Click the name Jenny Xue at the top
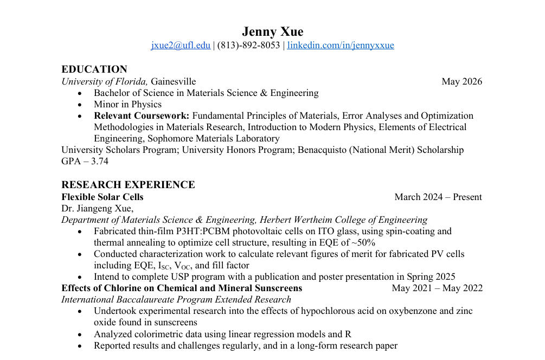click(272, 31)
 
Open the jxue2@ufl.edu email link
click(181, 46)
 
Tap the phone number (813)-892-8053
click(249, 46)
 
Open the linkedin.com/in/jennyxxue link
click(341, 46)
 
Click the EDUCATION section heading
click(94, 69)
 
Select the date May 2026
click(461, 82)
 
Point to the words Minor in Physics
click(127, 105)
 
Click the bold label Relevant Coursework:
click(142, 116)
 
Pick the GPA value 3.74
click(100, 162)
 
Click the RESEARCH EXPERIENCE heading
click(128, 185)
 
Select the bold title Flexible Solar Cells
click(102, 197)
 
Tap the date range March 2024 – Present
click(438, 197)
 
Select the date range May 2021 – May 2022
click(437, 288)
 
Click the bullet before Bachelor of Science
click(80, 93)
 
